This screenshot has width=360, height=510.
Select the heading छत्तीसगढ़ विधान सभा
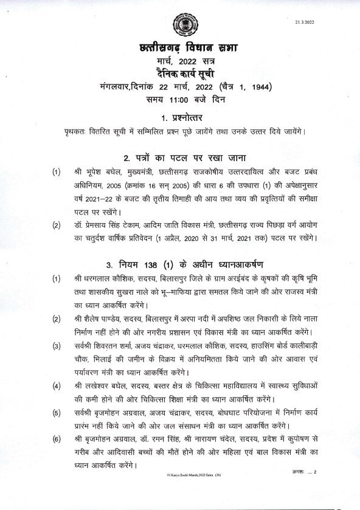pyautogui.click(x=180, y=49)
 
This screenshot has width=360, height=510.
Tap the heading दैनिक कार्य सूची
pyautogui.click(x=180, y=74)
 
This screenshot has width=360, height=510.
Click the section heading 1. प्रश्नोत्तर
pyautogui.click(x=180, y=117)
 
